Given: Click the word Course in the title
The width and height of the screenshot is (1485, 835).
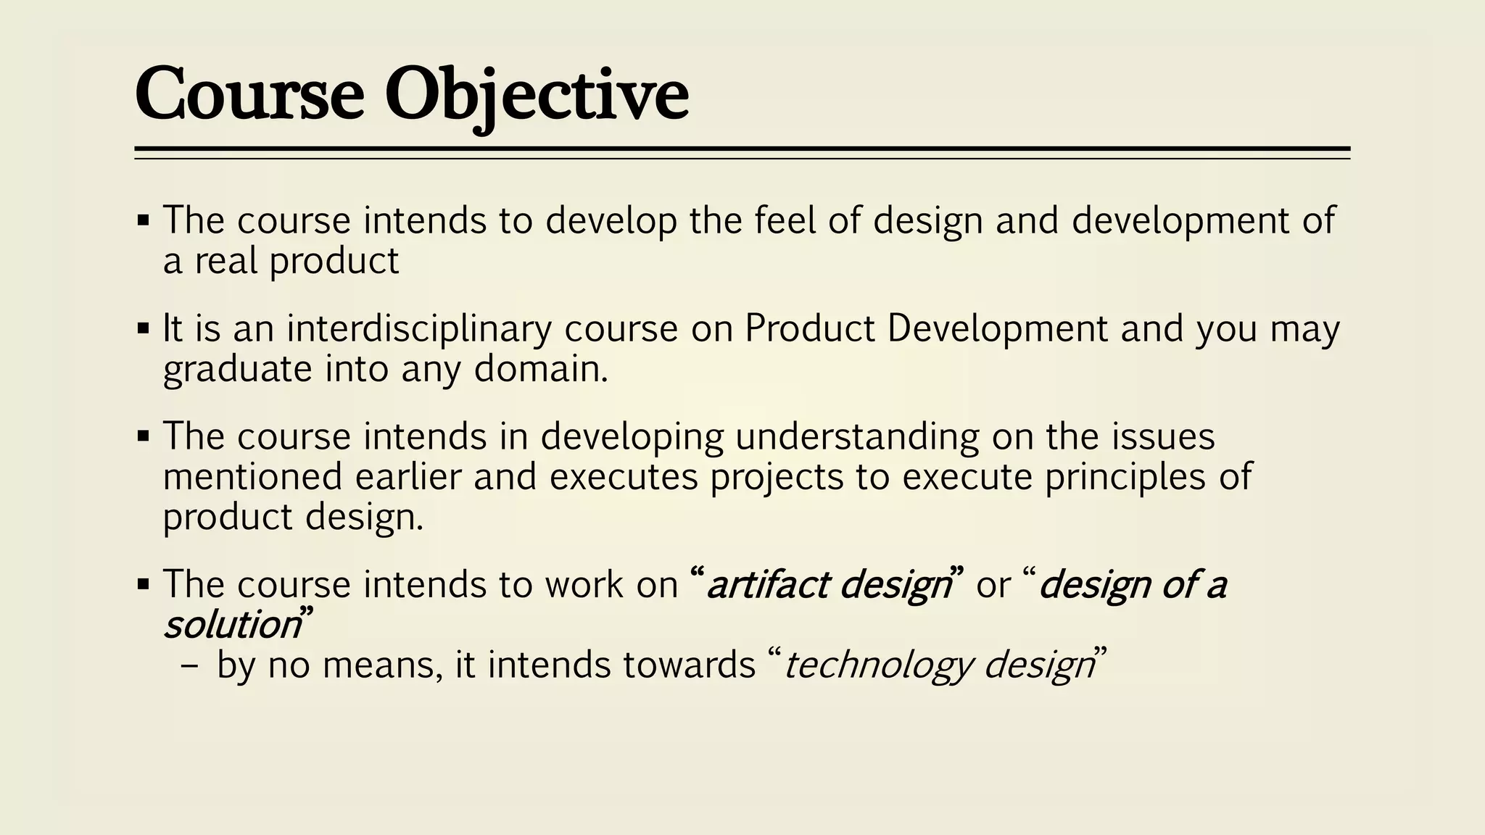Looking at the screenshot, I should pos(249,94).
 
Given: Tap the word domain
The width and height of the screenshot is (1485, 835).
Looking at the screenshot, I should pos(540,369).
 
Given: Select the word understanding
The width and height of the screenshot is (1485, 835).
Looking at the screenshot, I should pos(857,437).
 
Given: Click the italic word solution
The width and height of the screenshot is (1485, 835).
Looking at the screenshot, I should pos(231,625).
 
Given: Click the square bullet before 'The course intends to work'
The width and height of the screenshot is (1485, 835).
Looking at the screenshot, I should pos(143,583).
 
